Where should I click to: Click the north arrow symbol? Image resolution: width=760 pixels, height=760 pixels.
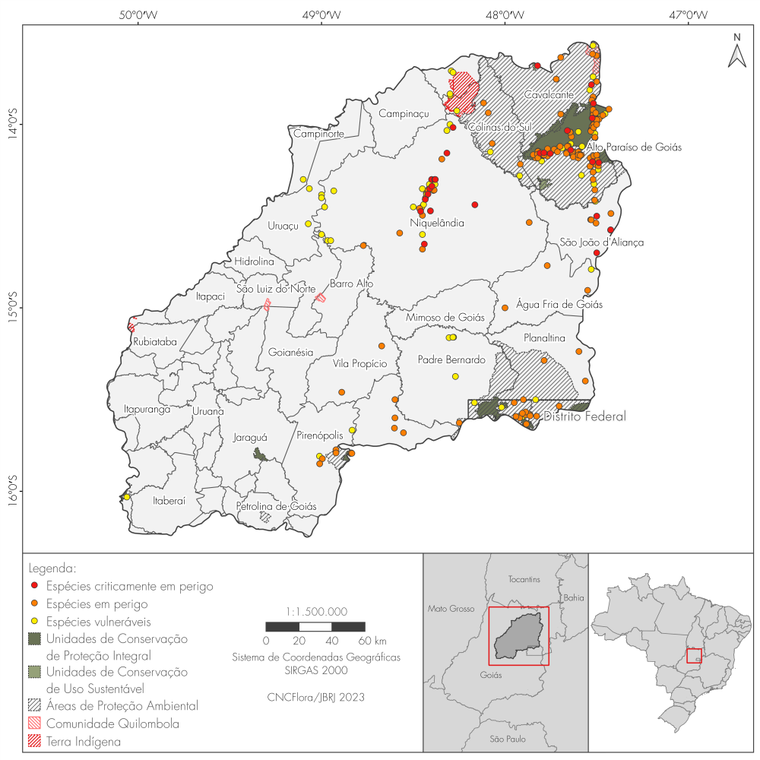coord(736,52)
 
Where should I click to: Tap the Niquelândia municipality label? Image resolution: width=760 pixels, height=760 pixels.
coord(437,223)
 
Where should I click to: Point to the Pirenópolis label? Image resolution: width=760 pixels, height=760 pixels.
coord(319,435)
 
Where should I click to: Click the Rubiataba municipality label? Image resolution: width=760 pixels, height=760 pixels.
coord(154,342)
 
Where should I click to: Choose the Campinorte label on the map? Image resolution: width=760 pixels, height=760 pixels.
coord(319,135)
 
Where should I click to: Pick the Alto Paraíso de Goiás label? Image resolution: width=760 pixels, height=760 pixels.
coord(635,147)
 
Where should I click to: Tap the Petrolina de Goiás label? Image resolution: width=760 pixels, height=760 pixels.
coord(276,506)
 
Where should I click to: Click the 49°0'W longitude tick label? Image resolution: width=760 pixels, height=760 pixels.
coord(321,14)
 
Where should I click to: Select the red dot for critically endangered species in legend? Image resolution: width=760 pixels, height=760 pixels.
coord(33,587)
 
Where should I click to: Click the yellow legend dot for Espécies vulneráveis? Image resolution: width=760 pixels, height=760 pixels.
coord(33,622)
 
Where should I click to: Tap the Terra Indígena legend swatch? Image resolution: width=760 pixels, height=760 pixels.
coord(33,741)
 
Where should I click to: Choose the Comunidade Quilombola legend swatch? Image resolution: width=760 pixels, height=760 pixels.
coord(33,724)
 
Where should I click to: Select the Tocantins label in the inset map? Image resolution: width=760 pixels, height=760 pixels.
coord(524,579)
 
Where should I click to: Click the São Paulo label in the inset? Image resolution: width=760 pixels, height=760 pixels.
coord(507,739)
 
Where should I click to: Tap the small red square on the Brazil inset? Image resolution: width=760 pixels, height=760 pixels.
coord(693,655)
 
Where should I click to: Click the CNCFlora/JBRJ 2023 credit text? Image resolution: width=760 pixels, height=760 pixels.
coord(316,696)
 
